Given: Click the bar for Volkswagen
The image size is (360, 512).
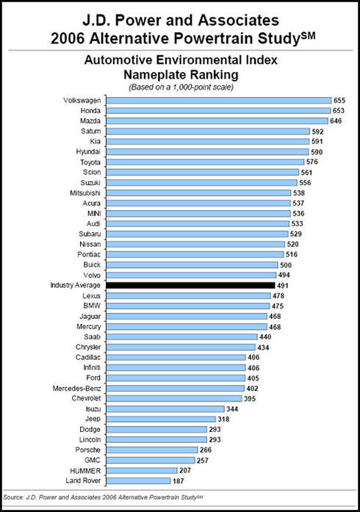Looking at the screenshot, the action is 219,100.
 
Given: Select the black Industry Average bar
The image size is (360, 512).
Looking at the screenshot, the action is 191,286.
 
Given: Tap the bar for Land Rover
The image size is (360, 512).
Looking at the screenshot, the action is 139,480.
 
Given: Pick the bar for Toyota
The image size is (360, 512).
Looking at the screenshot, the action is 205,162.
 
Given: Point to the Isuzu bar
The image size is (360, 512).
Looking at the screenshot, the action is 165,409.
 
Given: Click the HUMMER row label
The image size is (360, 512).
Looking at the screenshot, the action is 85,471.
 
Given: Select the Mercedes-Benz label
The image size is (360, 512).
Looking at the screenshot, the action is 76,389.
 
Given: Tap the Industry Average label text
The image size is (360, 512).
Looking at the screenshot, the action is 75,285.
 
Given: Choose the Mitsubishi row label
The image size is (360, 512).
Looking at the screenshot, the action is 85,193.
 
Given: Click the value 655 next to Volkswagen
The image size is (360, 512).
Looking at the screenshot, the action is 339,100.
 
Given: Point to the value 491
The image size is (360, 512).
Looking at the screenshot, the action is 283,286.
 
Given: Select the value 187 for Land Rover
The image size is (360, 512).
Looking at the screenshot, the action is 178,481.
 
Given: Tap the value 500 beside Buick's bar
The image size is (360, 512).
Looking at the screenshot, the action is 286,265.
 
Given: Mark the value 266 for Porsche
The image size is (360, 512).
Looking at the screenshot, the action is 206,450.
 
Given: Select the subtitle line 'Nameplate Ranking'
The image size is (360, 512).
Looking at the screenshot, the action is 181,75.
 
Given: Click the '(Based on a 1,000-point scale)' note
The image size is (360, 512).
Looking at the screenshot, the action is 181,87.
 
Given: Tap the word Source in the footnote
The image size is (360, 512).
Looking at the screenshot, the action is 13,497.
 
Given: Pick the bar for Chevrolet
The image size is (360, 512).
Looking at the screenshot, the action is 174,398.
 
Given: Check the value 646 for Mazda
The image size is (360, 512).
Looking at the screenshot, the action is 336,120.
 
